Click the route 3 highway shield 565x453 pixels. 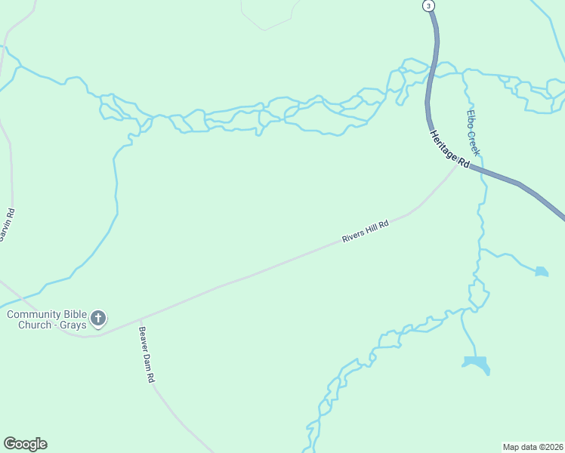[x=429, y=6]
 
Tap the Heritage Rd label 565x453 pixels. [x=450, y=149]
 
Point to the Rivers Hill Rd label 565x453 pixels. [x=365, y=232]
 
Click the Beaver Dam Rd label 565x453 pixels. [x=147, y=354]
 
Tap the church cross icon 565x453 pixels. [x=98, y=319]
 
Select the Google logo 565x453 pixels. [x=25, y=444]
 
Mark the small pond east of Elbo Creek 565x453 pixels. [x=541, y=271]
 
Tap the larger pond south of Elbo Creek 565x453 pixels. [x=476, y=364]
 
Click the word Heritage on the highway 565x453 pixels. [x=445, y=144]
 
